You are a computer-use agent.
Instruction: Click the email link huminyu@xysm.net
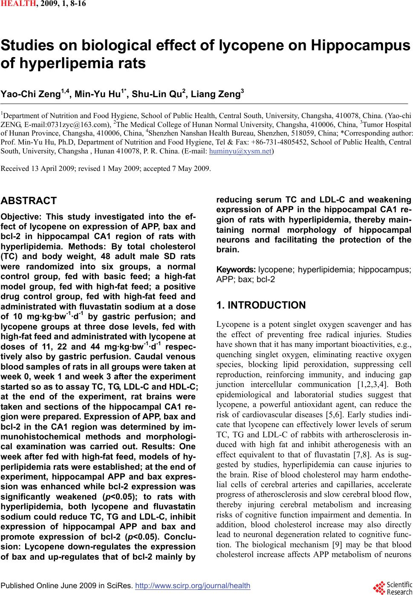tap(240, 151)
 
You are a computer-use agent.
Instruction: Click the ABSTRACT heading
tap(29, 201)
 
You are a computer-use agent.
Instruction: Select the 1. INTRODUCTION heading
tap(261, 305)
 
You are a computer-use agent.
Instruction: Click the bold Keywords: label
tap(236, 270)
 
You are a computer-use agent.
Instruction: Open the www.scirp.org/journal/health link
tap(192, 586)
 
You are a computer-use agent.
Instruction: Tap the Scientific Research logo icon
tap(378, 587)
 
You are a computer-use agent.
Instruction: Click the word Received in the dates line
tap(14, 168)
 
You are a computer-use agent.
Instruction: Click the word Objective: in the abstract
tap(22, 216)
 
